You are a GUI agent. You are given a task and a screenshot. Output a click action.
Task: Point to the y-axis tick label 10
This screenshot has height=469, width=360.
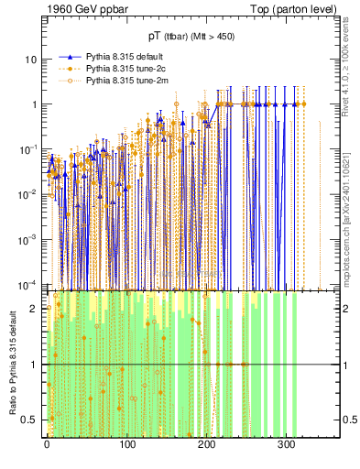(x=31, y=60)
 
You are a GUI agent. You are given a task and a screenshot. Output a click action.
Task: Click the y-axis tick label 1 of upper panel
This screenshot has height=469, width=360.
(x=34, y=104)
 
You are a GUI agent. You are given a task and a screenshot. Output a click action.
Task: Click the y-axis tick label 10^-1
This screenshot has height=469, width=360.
(x=29, y=148)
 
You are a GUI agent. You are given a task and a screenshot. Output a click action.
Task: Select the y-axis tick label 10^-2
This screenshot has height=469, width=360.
(x=29, y=193)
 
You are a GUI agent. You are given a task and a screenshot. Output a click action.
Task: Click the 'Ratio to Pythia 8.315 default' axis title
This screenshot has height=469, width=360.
(x=12, y=364)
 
